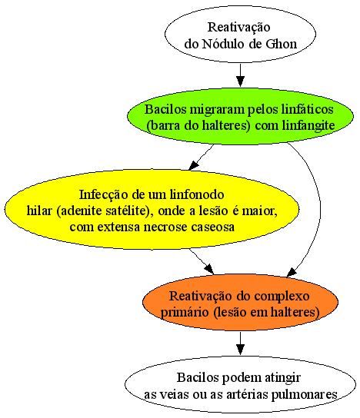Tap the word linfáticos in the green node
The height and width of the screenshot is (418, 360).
pyautogui.click(x=307, y=109)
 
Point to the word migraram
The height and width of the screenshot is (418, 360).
pyautogui.click(x=217, y=110)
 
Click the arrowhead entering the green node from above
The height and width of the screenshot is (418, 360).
pyautogui.click(x=240, y=81)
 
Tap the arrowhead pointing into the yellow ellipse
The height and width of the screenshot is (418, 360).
pyautogui.click(x=193, y=165)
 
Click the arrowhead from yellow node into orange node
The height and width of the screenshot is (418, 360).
pyautogui.click(x=209, y=269)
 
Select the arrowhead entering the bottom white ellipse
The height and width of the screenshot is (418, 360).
pyautogui.click(x=240, y=349)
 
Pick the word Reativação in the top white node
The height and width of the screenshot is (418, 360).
pyautogui.click(x=238, y=27)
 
